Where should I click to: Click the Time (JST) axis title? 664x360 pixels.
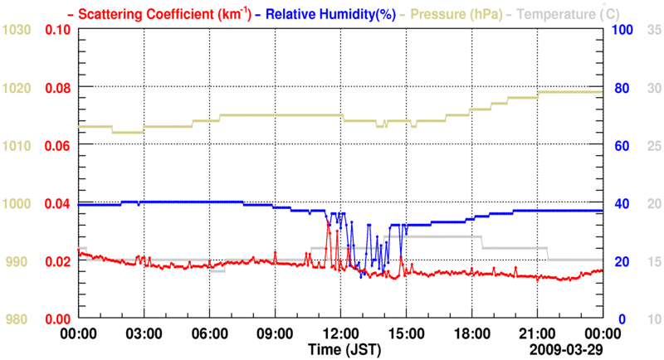coord(341,349)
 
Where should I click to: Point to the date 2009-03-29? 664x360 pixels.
coord(568,349)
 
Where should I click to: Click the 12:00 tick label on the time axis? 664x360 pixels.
coord(341,333)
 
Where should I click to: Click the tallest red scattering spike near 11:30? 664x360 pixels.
coord(330,225)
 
